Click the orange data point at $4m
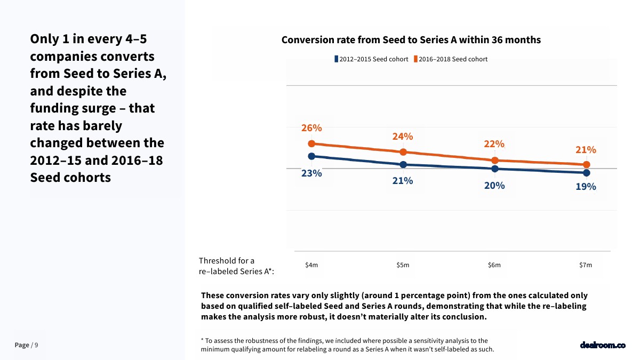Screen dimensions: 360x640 pyautogui.click(x=311, y=143)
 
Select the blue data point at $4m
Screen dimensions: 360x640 pyautogui.click(x=311, y=156)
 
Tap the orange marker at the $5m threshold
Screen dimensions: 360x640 pyautogui.click(x=403, y=152)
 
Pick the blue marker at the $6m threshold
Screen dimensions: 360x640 pyautogui.click(x=494, y=169)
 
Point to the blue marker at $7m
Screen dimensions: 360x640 pyautogui.click(x=586, y=173)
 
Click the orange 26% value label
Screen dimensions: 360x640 pyautogui.click(x=311, y=128)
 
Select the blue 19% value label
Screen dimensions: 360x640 pyautogui.click(x=586, y=187)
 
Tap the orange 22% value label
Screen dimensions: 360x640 pyautogui.click(x=494, y=144)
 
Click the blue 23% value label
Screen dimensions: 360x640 pyautogui.click(x=311, y=173)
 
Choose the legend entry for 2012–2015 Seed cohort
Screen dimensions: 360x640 pyautogui.click(x=371, y=59)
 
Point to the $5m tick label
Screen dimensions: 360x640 pyautogui.click(x=403, y=265)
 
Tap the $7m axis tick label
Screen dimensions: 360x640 pyautogui.click(x=586, y=265)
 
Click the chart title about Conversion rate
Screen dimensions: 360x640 pyautogui.click(x=411, y=40)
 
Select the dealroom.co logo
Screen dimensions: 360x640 pyautogui.click(x=603, y=345)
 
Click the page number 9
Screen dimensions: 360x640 pyautogui.click(x=36, y=345)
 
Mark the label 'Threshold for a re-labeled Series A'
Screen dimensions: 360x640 pyautogui.click(x=236, y=266)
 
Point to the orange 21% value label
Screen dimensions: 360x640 pyautogui.click(x=586, y=150)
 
